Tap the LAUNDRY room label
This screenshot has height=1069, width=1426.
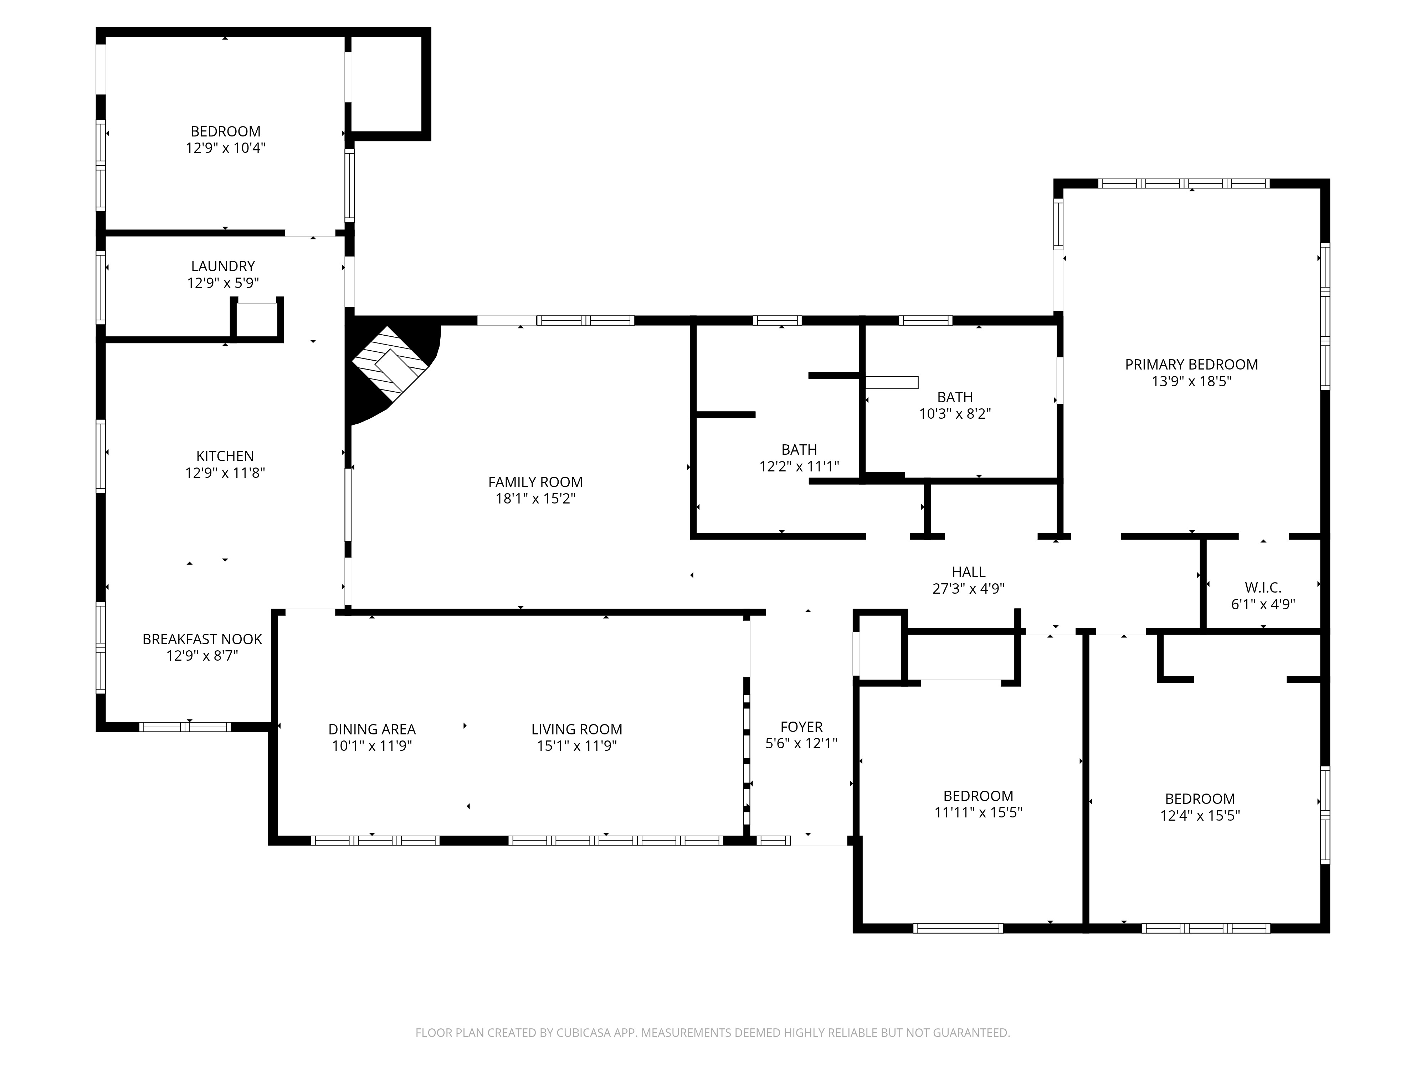click(223, 266)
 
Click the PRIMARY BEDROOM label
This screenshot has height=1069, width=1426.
click(1191, 365)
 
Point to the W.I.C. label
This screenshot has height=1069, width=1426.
click(1263, 588)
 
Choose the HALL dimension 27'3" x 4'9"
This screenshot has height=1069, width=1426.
click(968, 588)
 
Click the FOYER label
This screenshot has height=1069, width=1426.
click(801, 727)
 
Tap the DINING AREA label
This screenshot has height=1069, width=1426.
click(372, 729)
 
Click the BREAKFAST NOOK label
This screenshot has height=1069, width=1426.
click(202, 639)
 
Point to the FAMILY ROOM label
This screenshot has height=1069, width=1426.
click(535, 482)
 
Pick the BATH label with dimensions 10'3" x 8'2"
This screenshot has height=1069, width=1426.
click(955, 398)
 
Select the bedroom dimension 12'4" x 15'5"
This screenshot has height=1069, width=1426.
click(1200, 816)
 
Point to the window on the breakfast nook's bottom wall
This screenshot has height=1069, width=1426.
click(185, 727)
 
